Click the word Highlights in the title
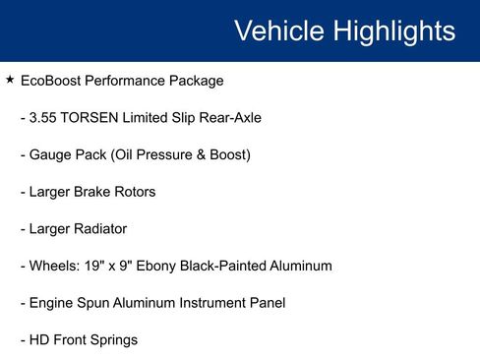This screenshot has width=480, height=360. point(393,31)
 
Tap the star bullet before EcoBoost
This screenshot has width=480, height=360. point(10,80)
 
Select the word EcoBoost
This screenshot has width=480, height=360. point(53,81)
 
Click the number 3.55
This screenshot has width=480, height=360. point(43,118)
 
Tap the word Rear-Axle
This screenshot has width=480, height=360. point(227,118)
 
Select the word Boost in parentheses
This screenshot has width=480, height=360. point(225,155)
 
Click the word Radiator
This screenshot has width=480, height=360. point(95,229)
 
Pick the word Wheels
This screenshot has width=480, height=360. point(54,266)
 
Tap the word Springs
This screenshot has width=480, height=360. point(113,340)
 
